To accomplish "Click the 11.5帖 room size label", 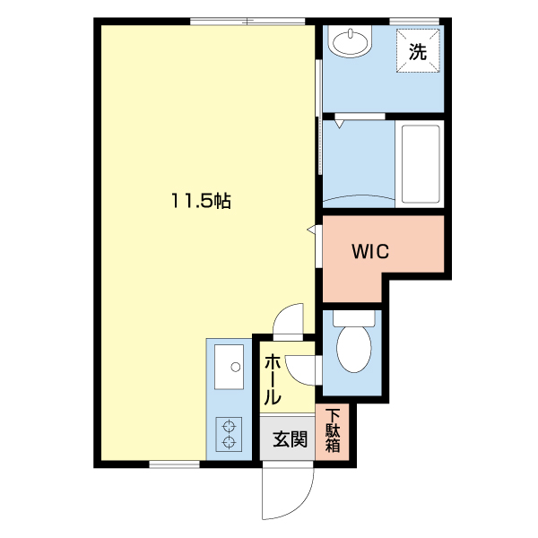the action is click(201, 201).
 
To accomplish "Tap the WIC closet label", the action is click(370, 251).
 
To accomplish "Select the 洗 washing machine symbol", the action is click(418, 51).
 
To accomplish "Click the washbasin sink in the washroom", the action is click(350, 40).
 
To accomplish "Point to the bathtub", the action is click(420, 164).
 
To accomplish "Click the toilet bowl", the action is click(354, 349).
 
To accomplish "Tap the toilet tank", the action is click(354, 318).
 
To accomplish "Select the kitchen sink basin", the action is click(229, 367).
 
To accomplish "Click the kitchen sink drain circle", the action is click(236, 367).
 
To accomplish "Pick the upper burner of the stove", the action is click(229, 427).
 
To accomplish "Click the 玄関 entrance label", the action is click(290, 438).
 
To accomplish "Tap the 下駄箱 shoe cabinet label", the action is click(333, 430).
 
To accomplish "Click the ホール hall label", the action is click(273, 379).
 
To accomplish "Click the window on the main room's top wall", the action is click(247, 22).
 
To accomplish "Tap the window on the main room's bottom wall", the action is click(174, 464).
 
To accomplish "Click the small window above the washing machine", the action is click(414, 22).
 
